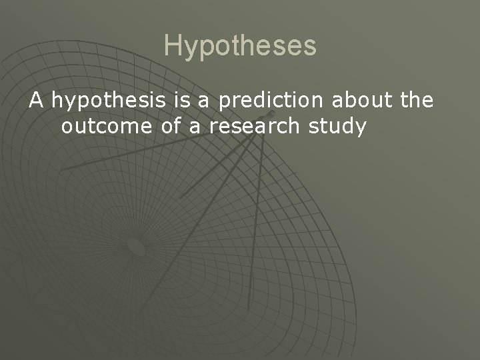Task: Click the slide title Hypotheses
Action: (240, 45)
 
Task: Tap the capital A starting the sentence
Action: (36, 101)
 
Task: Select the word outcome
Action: (103, 126)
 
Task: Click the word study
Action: (340, 127)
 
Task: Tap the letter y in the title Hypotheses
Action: (191, 48)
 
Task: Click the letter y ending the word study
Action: (361, 128)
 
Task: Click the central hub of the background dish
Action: (137, 247)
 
